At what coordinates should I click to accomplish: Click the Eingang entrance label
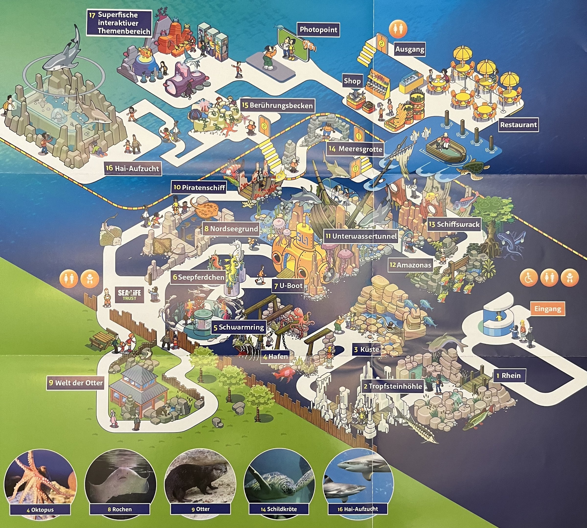pyautogui.click(x=548, y=309)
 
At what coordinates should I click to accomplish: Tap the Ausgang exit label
pyautogui.click(x=410, y=49)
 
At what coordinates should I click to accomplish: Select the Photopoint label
pyautogui.click(x=318, y=30)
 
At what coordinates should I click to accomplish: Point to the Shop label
pyautogui.click(x=352, y=81)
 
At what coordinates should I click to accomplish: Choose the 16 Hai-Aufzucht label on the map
pyautogui.click(x=132, y=168)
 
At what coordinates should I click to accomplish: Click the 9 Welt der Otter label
pyautogui.click(x=76, y=383)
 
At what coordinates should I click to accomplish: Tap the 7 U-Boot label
pyautogui.click(x=289, y=286)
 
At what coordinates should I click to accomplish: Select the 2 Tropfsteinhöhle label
pyautogui.click(x=393, y=386)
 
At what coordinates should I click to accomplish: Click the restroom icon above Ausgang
pyautogui.click(x=398, y=29)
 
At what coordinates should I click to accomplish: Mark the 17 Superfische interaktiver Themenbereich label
pyautogui.click(x=119, y=23)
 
